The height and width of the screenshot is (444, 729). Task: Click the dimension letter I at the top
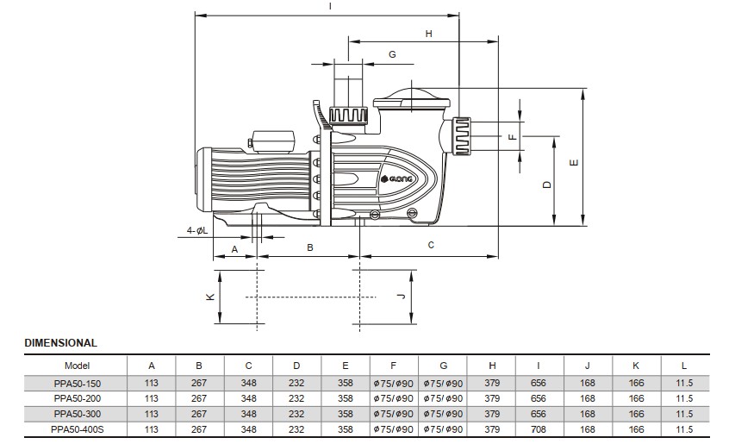(x=330, y=7)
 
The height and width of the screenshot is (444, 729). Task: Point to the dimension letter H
(x=428, y=34)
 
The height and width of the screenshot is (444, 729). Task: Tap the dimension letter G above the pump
(x=392, y=54)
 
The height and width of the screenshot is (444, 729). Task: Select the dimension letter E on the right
(x=575, y=161)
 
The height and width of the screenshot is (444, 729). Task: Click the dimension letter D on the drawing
(x=546, y=184)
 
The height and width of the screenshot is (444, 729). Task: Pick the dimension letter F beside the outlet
(x=511, y=136)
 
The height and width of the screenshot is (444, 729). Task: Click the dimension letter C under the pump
(x=431, y=245)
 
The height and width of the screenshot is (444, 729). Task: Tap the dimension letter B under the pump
(x=309, y=247)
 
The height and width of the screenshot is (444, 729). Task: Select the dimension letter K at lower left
(x=209, y=297)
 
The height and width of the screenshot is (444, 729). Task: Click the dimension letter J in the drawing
(x=401, y=296)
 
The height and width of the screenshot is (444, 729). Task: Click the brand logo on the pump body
(x=398, y=178)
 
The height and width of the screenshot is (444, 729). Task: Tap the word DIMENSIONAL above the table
(x=60, y=343)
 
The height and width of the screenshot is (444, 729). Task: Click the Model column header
(x=77, y=366)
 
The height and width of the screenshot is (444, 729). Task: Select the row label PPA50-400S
(x=77, y=428)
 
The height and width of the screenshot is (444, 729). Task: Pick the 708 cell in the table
(x=539, y=428)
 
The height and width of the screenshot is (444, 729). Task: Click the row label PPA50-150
(x=77, y=383)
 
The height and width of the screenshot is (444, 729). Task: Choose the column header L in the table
(x=685, y=366)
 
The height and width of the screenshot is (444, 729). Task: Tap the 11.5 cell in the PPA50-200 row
(x=685, y=398)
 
